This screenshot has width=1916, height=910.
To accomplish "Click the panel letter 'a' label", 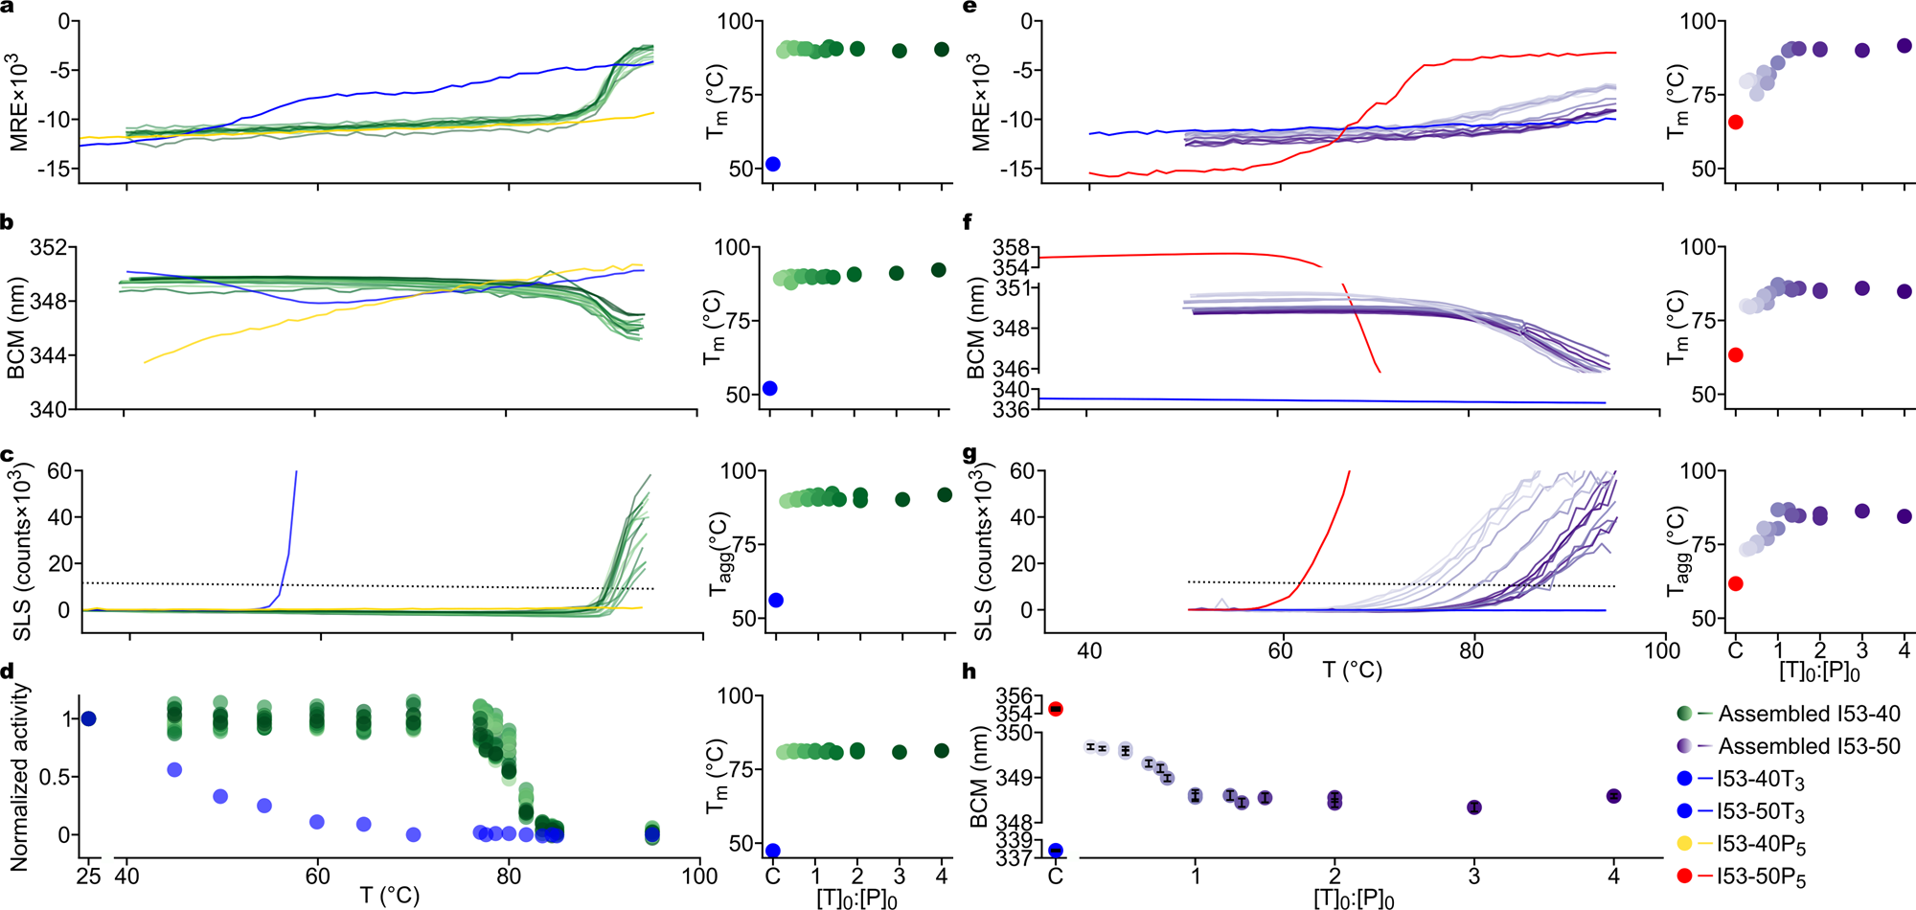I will [x=8, y=7].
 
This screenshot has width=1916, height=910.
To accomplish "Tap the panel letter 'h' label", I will [x=969, y=671].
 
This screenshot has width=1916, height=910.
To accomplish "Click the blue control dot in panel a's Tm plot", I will [x=772, y=164].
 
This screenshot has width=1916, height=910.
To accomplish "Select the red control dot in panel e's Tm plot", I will [x=1735, y=123].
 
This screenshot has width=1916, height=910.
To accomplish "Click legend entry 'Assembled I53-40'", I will [x=1808, y=714].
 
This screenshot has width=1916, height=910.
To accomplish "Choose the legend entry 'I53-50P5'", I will [x=1761, y=876].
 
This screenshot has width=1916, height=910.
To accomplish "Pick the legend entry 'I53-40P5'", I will [x=1761, y=844].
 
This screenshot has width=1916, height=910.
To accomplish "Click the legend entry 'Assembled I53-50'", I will [x=1808, y=746].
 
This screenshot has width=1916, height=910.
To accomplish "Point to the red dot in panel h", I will [x=1056, y=709].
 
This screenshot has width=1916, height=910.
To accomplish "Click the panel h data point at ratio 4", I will [x=1613, y=796].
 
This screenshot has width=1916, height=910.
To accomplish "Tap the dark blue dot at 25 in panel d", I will [x=88, y=718].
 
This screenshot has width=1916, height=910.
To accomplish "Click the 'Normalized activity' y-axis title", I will [x=19, y=777].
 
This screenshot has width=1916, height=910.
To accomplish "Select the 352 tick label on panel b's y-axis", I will [x=49, y=248].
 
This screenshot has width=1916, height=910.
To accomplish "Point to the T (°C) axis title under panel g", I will [x=1352, y=670].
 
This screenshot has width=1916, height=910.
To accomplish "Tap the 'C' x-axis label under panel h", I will [x=1056, y=876].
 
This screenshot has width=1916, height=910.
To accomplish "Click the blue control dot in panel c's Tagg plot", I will [x=776, y=600].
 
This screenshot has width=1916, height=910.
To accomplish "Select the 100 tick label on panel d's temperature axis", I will [x=699, y=876].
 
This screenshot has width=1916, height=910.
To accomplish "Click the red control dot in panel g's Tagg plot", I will [x=1735, y=583].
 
